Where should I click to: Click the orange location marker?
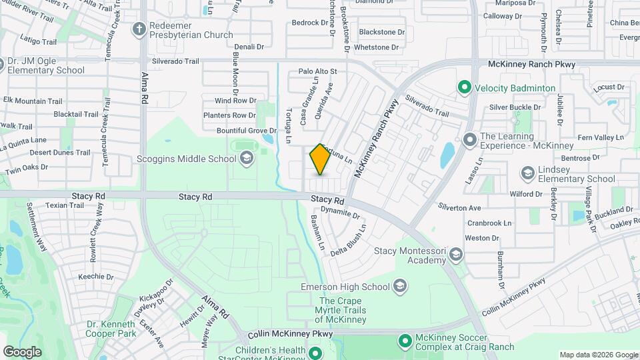[x=320, y=160]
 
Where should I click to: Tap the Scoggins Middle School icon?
[x=247, y=158]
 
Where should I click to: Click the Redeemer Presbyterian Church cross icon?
[x=139, y=28]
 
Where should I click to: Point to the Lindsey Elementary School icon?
[x=528, y=173]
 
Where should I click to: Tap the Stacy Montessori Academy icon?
[x=456, y=255]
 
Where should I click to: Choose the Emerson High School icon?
[x=400, y=287]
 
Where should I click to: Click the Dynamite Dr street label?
[x=340, y=215]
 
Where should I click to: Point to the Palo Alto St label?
[x=318, y=71]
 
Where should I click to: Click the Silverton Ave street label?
[x=459, y=208]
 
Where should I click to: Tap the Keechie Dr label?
[x=96, y=277]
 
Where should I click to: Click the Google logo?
[x=22, y=351]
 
